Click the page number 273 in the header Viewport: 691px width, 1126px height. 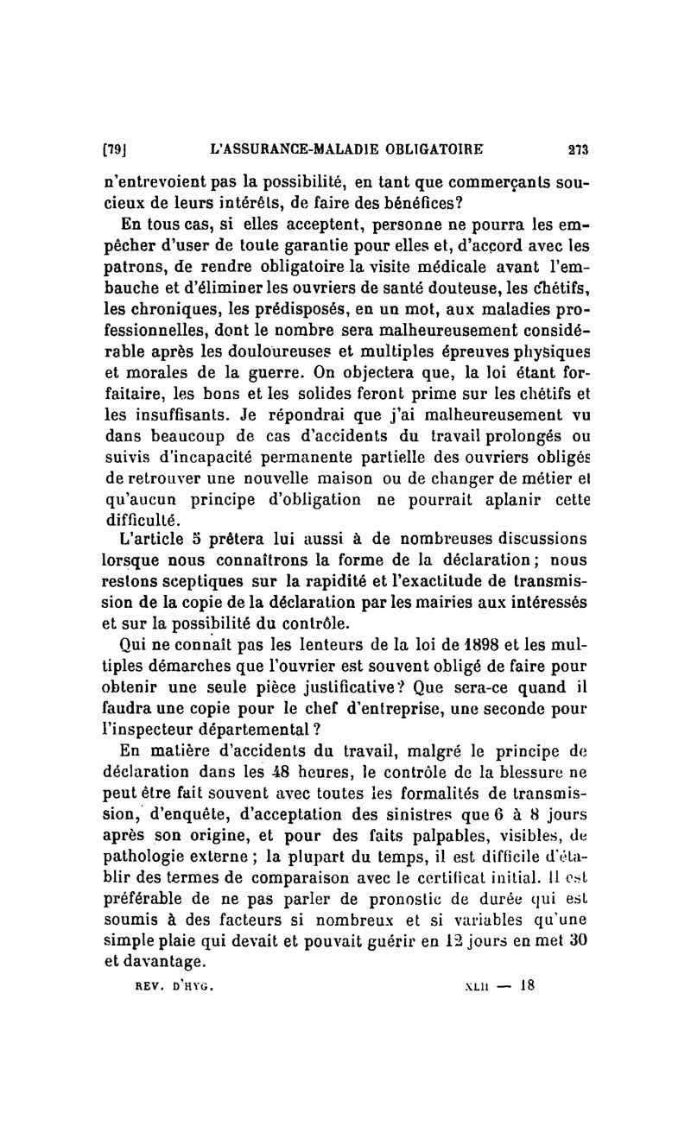click(x=578, y=149)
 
